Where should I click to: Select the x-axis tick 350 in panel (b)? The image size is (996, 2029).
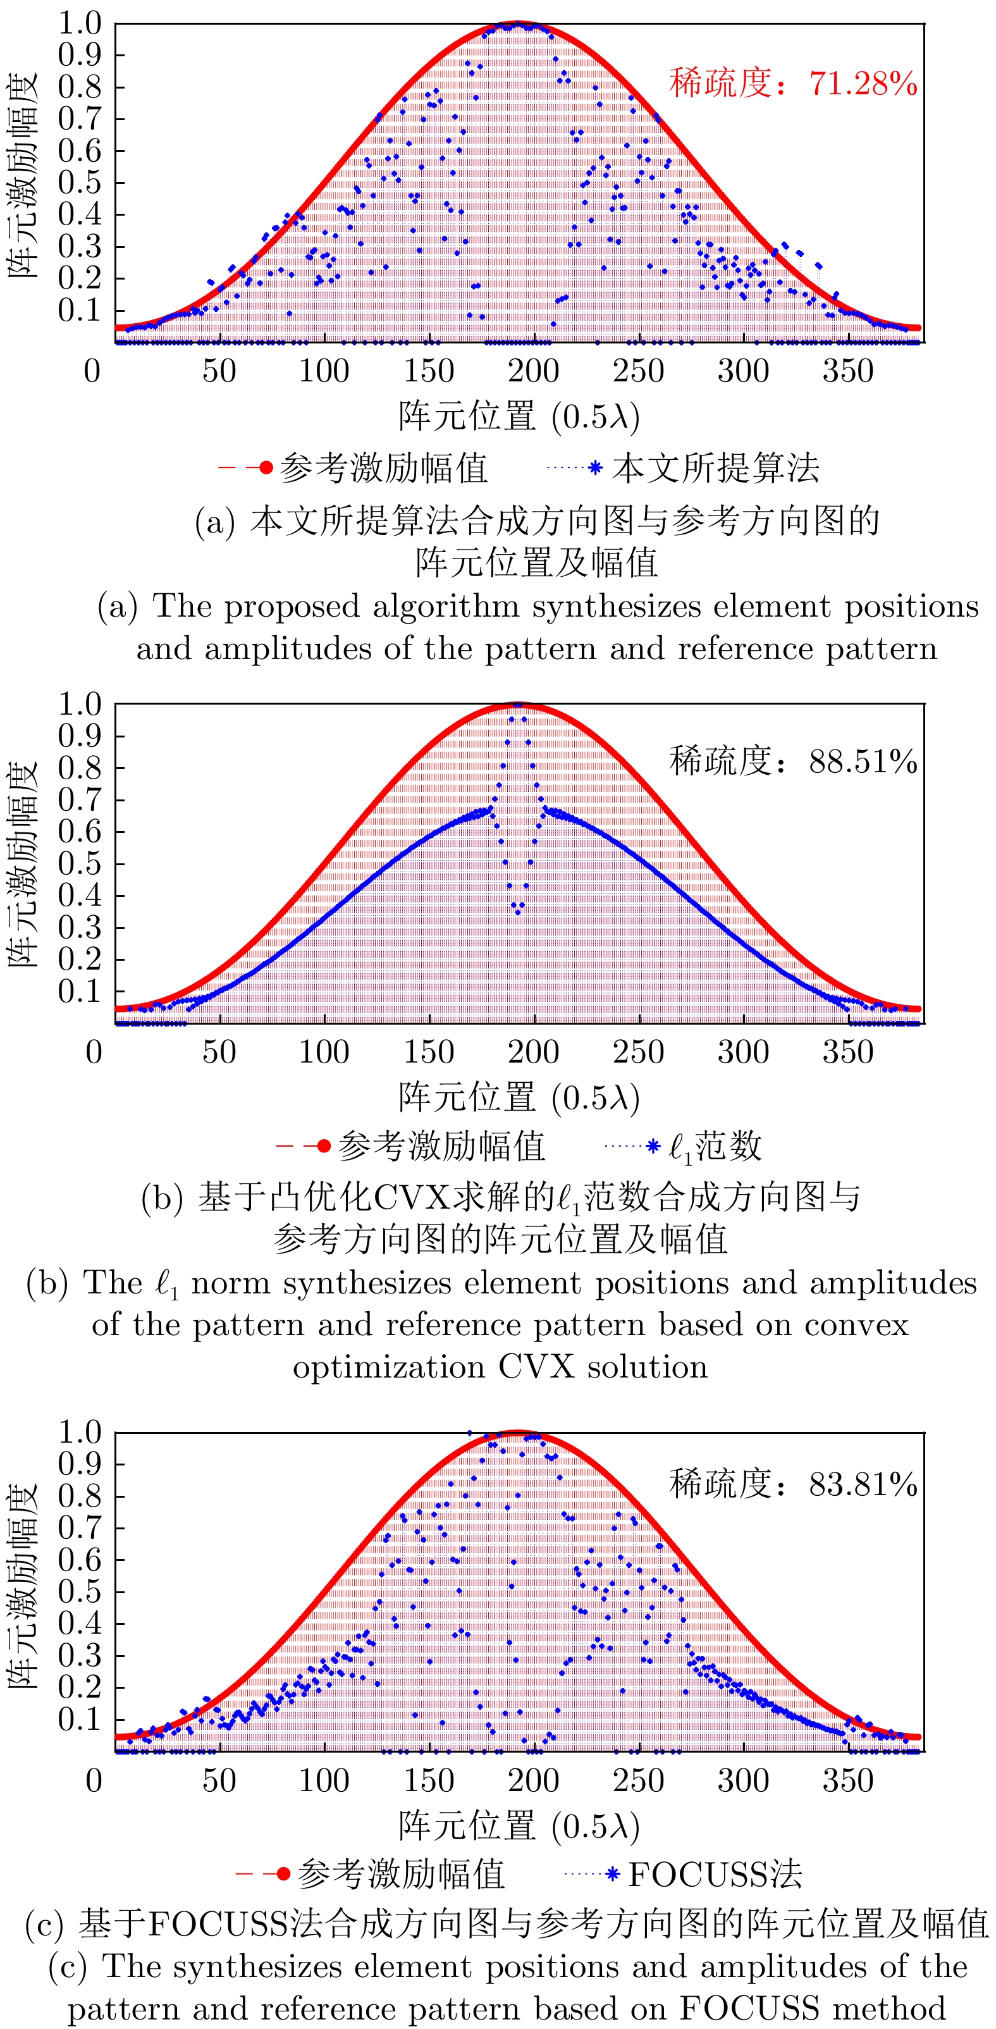pyautogui.click(x=848, y=1052)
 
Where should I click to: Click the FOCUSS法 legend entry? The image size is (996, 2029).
pyautogui.click(x=714, y=1874)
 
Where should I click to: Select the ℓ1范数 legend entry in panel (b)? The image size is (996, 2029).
pyautogui.click(x=714, y=1147)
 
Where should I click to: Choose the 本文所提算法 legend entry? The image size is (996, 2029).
pyautogui.click(x=715, y=469)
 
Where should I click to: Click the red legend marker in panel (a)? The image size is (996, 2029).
pyautogui.click(x=266, y=468)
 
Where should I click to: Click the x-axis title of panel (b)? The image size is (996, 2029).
pyautogui.click(x=518, y=1097)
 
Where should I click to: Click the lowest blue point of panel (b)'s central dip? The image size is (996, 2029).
pyautogui.click(x=518, y=912)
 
